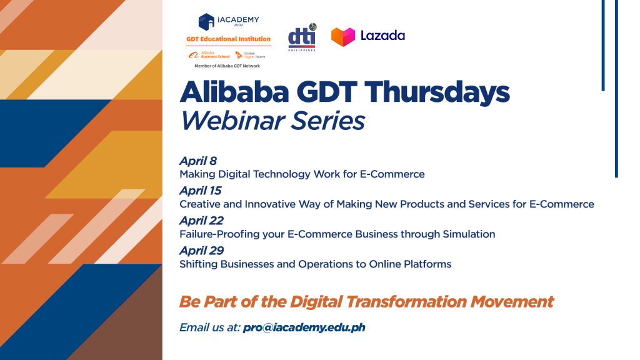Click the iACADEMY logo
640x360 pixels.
(229, 22)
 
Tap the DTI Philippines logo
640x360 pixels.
(302, 37)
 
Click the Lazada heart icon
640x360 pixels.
(343, 37)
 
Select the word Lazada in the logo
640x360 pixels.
(382, 36)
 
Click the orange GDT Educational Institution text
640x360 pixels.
(229, 39)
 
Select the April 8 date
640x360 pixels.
(198, 161)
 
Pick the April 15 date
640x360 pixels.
(201, 191)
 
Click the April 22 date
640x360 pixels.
(202, 221)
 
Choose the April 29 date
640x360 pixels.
(202, 251)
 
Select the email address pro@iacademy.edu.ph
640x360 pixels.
(304, 327)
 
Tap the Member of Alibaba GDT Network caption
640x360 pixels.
(227, 66)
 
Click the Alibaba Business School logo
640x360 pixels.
(209, 55)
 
